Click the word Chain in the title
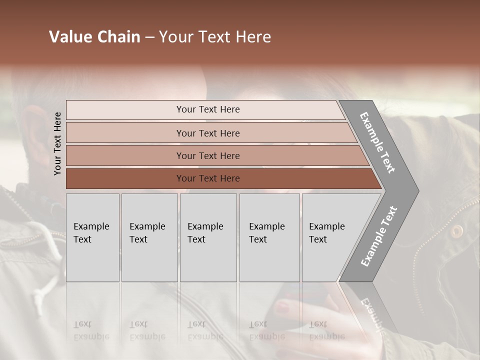click(x=118, y=37)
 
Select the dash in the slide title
click(x=149, y=37)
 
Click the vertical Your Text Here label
click(x=57, y=143)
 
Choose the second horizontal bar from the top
click(x=210, y=133)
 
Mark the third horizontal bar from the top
click(x=215, y=155)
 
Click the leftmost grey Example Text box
click(x=92, y=237)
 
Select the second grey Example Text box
click(x=149, y=237)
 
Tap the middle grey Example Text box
click(x=208, y=237)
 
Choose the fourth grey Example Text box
click(x=269, y=237)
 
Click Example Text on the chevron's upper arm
click(x=377, y=142)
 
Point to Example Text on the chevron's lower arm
click(x=378, y=236)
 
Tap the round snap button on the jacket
click(x=456, y=230)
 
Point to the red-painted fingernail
click(x=282, y=306)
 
